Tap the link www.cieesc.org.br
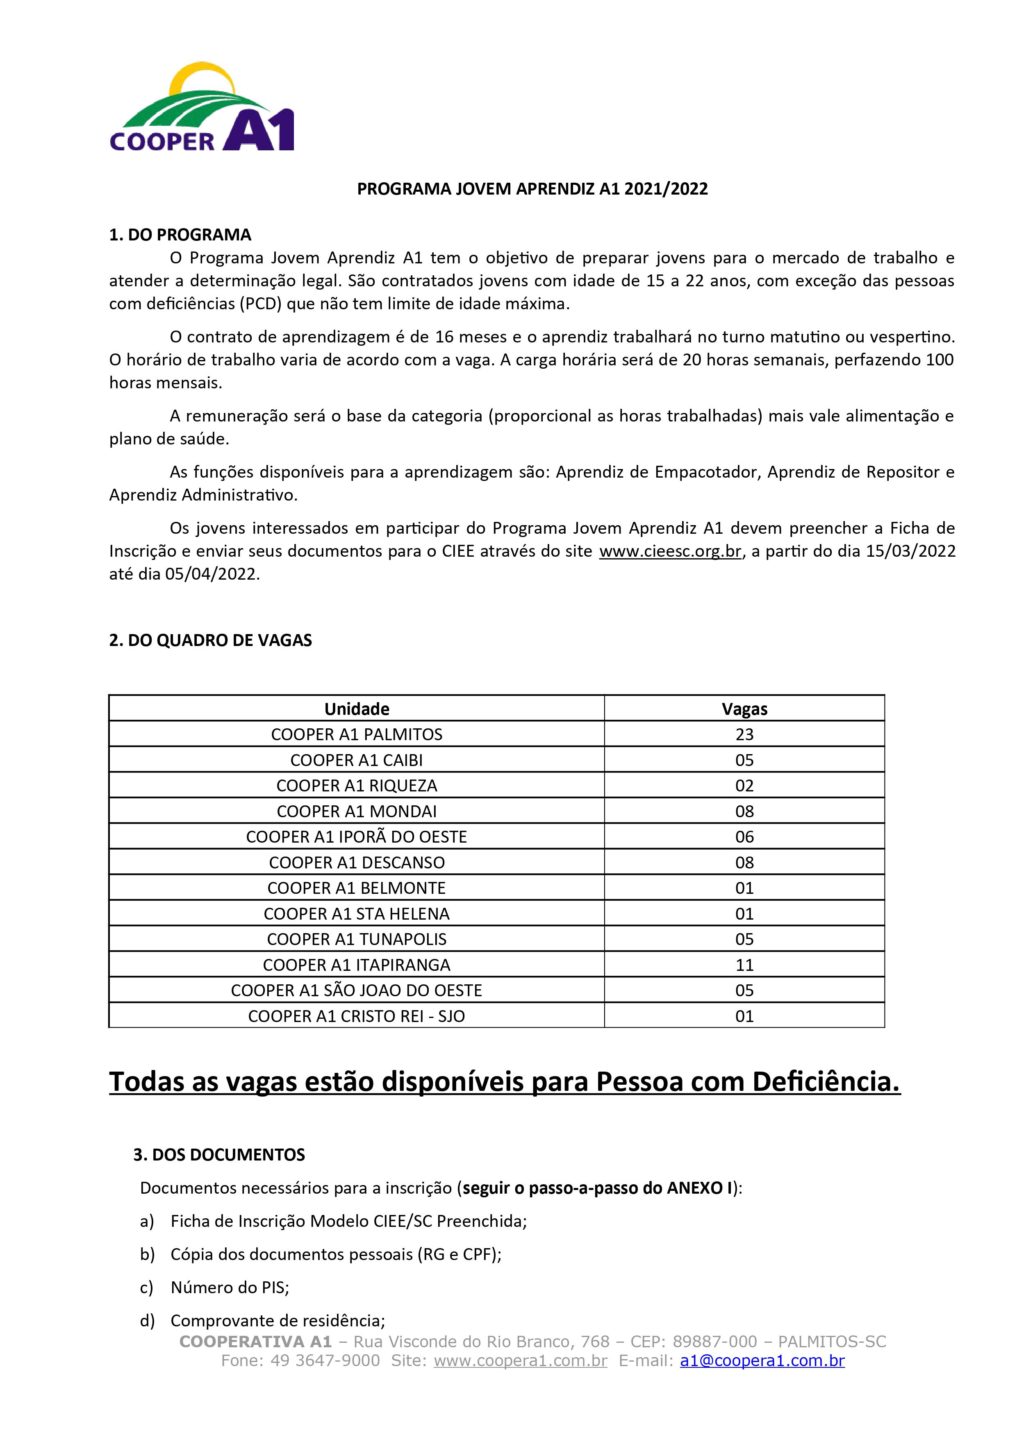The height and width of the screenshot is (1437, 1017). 670,551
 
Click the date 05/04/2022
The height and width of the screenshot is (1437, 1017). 211,575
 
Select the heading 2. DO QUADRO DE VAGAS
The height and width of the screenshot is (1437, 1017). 210,640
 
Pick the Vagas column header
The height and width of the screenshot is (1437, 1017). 744,709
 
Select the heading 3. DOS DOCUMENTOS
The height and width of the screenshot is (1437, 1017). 219,1155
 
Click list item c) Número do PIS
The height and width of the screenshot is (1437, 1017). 229,1287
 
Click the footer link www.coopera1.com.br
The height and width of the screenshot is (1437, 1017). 521,1361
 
